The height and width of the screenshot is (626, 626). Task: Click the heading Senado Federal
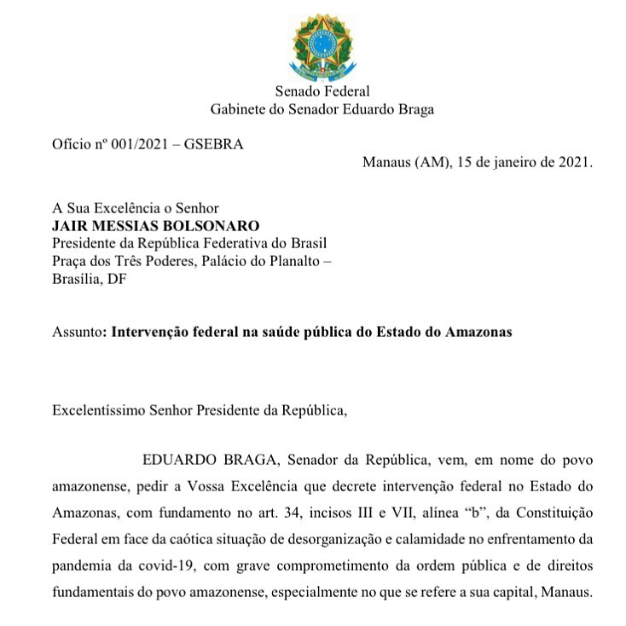click(322, 92)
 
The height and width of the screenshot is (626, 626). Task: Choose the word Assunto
click(75, 332)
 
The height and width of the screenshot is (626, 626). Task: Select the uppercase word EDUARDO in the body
click(175, 461)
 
